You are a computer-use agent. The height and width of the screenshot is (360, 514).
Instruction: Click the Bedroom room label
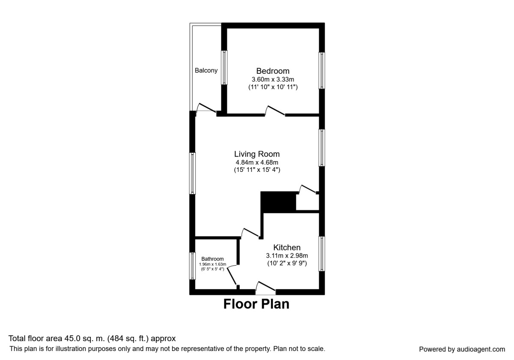point(273,71)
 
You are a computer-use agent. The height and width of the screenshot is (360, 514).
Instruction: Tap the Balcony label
point(206,71)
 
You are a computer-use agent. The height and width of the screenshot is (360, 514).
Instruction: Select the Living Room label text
point(257,154)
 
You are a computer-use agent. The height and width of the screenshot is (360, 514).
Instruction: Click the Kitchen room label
point(287,247)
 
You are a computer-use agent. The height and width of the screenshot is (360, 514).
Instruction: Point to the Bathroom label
point(212,259)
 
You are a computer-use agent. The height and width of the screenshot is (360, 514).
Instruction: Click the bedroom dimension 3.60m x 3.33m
point(273,79)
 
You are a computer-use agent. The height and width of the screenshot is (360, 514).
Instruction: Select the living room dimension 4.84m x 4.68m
point(257,162)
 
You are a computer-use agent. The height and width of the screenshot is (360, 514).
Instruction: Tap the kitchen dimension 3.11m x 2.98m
point(287,255)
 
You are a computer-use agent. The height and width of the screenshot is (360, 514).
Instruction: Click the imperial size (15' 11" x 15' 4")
point(257,170)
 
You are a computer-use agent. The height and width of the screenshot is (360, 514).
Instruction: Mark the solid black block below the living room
point(278,202)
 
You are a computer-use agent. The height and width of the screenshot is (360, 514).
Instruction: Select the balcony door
point(206,109)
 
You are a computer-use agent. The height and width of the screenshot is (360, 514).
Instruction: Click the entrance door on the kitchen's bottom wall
point(266,288)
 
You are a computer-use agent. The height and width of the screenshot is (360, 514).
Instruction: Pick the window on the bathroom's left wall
point(193,266)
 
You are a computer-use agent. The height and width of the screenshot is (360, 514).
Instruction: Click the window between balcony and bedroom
point(224,67)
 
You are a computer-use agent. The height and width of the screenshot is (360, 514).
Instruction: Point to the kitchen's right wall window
point(322,253)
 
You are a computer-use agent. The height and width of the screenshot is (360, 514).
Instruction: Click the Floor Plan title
point(256,304)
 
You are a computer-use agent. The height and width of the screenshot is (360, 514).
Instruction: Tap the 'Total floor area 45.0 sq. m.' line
point(92,339)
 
